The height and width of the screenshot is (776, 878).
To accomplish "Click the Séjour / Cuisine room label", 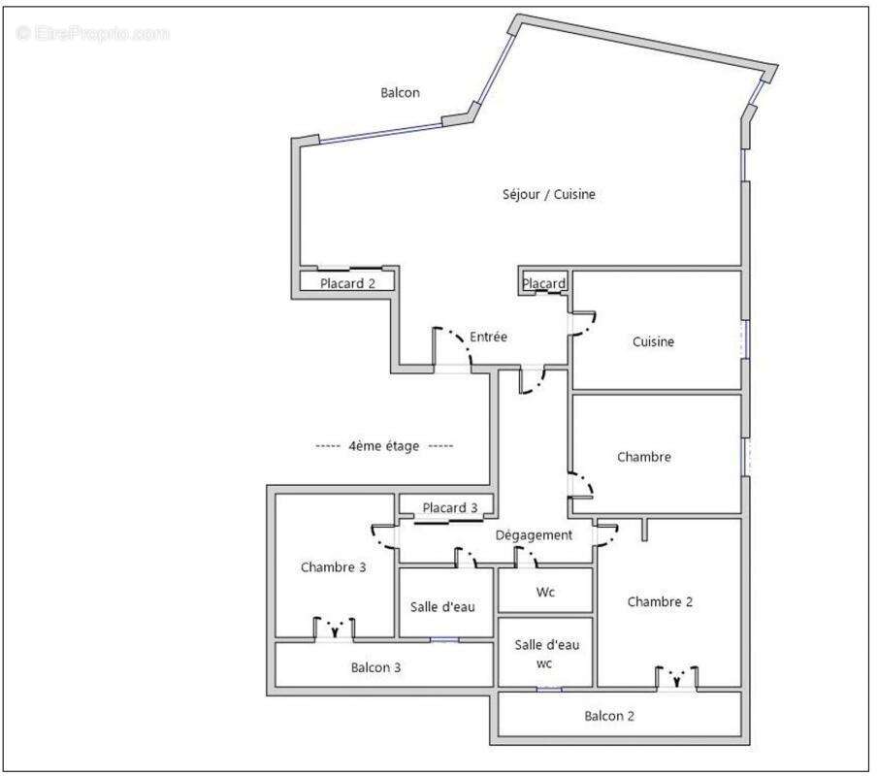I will [x=548, y=194].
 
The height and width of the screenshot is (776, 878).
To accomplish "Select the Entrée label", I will [x=488, y=337].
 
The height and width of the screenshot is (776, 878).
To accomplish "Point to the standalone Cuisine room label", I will [x=653, y=341].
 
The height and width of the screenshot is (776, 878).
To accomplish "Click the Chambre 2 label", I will [x=660, y=601].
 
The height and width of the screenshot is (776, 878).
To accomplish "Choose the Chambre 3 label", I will [x=333, y=567].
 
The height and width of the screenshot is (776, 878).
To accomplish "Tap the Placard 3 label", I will [x=449, y=507].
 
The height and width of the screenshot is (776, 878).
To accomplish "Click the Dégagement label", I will [x=534, y=534].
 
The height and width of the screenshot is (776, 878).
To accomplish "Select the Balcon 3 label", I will [x=375, y=667].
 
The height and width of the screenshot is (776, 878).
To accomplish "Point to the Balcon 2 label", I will [x=609, y=716].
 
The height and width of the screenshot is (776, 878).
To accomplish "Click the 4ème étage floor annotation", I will [x=384, y=446].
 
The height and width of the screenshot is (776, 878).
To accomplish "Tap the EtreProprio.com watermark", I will [x=93, y=33].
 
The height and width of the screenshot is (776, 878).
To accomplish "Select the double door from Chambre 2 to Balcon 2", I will [x=676, y=677].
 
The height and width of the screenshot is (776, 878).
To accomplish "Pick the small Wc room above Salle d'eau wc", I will [x=545, y=592].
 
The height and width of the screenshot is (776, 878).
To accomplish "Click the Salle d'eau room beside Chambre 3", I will [x=442, y=607].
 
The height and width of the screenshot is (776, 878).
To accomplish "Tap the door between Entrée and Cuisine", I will [x=582, y=323].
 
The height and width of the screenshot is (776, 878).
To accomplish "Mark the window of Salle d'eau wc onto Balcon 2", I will [x=549, y=689].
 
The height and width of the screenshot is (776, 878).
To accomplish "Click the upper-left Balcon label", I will [x=400, y=93].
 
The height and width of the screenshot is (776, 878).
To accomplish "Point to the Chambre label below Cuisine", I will [x=644, y=457].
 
